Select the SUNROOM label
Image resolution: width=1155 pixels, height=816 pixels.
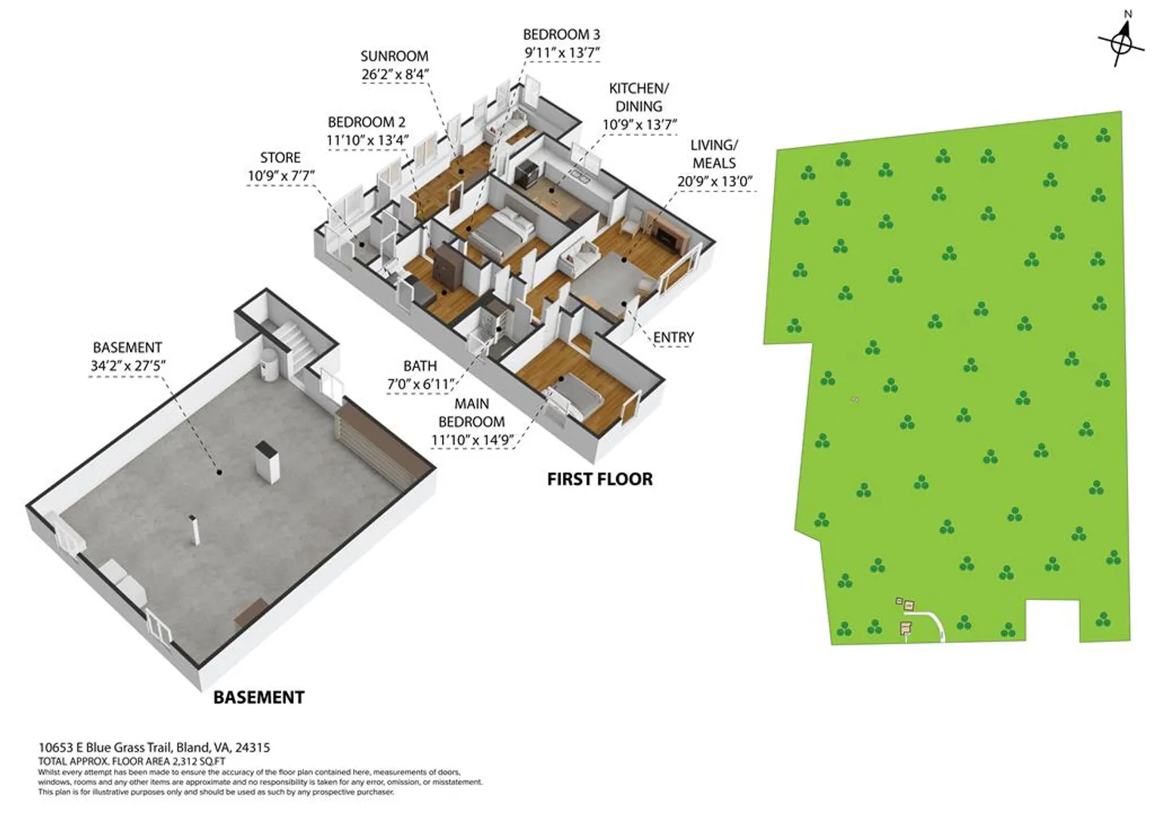point(395,56)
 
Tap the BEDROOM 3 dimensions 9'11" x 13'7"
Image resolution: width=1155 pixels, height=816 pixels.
point(562,53)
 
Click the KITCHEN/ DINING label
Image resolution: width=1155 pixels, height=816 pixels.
point(639,97)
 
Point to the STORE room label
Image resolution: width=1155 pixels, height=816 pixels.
point(280,158)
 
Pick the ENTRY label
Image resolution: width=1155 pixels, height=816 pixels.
point(673,338)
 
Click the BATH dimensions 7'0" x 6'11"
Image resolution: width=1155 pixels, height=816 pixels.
point(420,385)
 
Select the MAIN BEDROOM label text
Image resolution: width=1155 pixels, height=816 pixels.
point(472,413)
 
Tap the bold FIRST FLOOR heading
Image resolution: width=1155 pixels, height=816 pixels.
point(599,479)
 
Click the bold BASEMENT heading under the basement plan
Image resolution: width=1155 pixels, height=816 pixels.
point(259,697)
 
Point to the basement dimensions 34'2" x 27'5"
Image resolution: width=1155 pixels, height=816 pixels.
point(128,366)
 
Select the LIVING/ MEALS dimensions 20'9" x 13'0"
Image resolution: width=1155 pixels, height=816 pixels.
point(714,181)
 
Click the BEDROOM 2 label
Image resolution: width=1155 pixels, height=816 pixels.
point(367,122)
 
